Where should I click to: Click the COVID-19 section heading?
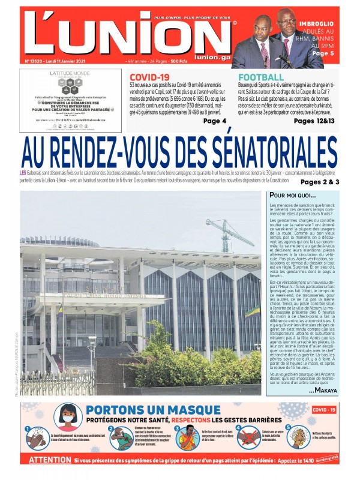(x=149, y=77)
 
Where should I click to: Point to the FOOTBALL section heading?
(x=261, y=77)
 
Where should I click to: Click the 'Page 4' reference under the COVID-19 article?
(x=214, y=121)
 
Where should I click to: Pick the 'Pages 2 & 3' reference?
(x=320, y=182)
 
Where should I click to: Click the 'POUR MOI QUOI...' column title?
(x=292, y=196)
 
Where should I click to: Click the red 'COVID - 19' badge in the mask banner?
(x=325, y=410)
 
